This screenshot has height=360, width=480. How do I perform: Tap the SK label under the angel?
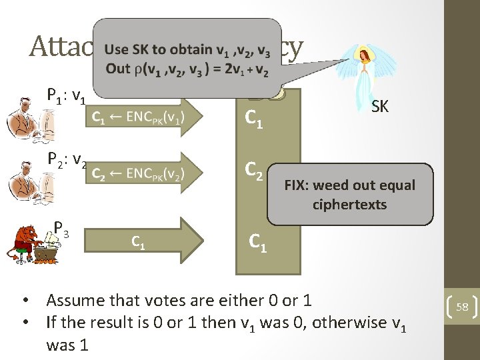[x=380, y=106]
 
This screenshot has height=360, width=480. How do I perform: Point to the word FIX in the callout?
[x=297, y=185]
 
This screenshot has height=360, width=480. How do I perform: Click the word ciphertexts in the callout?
[x=349, y=204]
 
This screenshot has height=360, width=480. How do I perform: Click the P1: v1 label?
[x=65, y=97]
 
